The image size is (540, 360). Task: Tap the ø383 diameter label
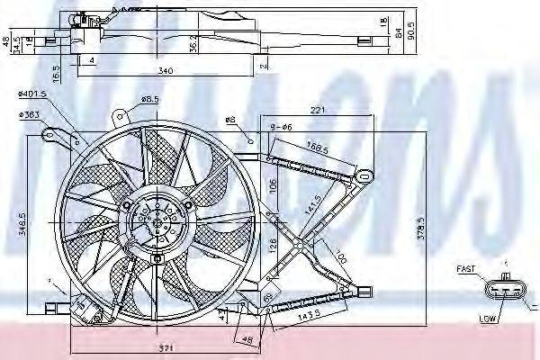(x=31, y=115)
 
